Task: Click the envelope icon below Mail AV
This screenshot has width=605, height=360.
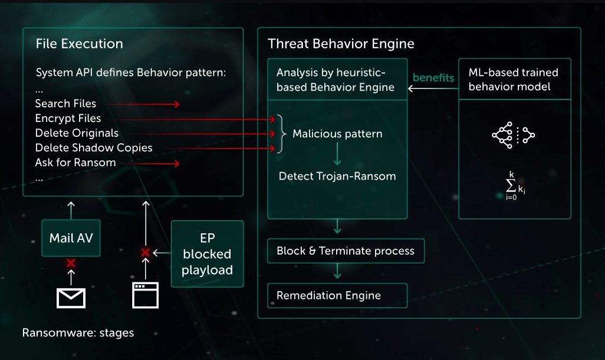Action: (x=71, y=297)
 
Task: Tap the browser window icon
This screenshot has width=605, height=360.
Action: (x=146, y=295)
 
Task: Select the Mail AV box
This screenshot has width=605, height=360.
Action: (x=71, y=239)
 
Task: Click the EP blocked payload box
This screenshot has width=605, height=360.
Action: (x=207, y=254)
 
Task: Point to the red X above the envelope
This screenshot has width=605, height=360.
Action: (x=71, y=263)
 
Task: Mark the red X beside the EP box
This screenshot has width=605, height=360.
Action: (x=146, y=253)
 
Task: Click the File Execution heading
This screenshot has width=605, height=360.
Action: (x=79, y=44)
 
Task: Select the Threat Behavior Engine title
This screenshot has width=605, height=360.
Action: (x=341, y=44)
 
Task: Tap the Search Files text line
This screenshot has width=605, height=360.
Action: (x=65, y=104)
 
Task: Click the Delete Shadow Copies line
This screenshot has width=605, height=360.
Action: (x=94, y=148)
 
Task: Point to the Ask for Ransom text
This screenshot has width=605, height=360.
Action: (x=75, y=163)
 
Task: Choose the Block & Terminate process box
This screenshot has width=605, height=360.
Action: (x=346, y=251)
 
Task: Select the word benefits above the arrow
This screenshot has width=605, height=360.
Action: (x=433, y=78)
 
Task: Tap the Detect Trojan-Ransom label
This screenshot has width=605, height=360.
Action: (x=337, y=176)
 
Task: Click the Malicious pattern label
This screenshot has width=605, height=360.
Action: (x=337, y=134)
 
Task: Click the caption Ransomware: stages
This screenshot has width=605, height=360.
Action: (x=78, y=333)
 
